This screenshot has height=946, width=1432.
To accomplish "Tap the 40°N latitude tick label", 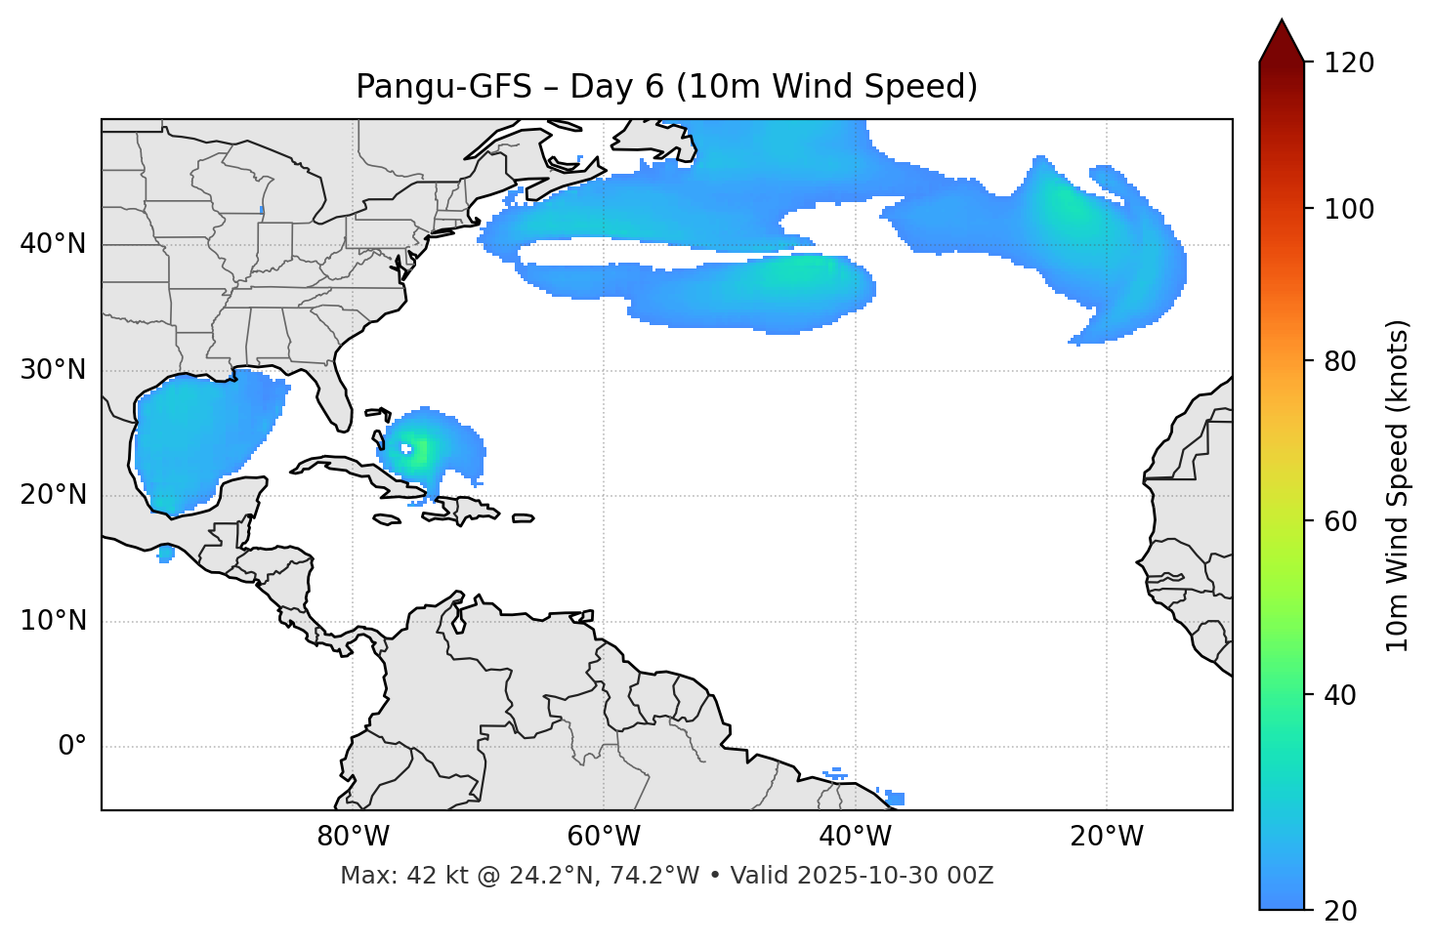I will point(53,244).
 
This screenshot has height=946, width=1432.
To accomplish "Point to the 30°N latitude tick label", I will point(53,370).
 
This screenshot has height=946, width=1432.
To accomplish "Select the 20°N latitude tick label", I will point(53,495).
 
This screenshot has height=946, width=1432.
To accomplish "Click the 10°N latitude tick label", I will point(53,621).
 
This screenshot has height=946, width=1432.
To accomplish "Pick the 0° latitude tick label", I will point(72,747).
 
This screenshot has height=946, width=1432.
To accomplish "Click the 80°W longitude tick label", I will point(353,837).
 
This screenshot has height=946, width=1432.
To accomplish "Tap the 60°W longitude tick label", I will point(604,837).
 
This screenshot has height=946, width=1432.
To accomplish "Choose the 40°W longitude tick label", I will point(855,837).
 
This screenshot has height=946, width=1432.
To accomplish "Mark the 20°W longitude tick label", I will point(1106,837).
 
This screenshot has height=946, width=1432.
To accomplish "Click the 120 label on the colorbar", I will point(1349,62).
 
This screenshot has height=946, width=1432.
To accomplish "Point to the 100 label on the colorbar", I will point(1349,209).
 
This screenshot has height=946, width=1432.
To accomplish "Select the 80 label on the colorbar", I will point(1340,361).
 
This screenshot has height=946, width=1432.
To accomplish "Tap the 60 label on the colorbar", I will point(1340,521).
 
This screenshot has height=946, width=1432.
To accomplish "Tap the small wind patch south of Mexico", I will point(166,555).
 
